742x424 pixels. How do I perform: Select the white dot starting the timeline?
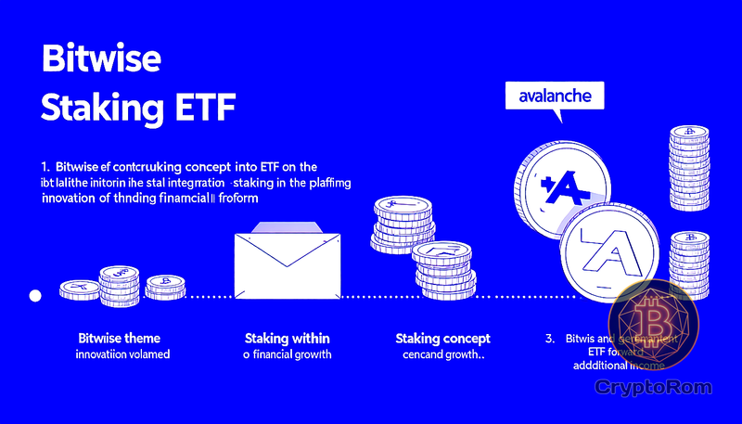[35, 296]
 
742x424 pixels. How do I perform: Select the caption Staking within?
[287, 338]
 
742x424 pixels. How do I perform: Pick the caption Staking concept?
[442, 338]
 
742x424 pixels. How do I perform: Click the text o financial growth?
[287, 355]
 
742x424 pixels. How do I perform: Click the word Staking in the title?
[96, 106]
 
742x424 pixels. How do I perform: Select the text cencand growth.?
[442, 355]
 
